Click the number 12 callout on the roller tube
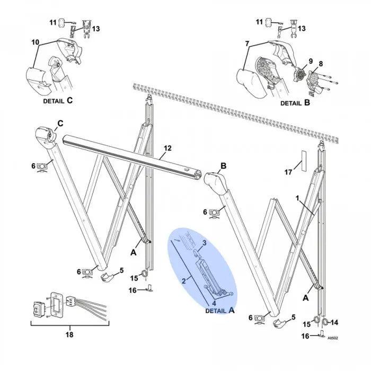click(x=167, y=149)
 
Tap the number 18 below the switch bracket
click(x=69, y=334)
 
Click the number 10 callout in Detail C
click(x=36, y=41)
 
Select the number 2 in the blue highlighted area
click(x=184, y=280)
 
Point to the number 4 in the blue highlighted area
click(x=207, y=303)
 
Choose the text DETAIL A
click(x=219, y=311)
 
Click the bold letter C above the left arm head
click(x=60, y=123)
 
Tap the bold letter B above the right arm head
click(x=223, y=166)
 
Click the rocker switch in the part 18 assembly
click(x=38, y=307)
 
